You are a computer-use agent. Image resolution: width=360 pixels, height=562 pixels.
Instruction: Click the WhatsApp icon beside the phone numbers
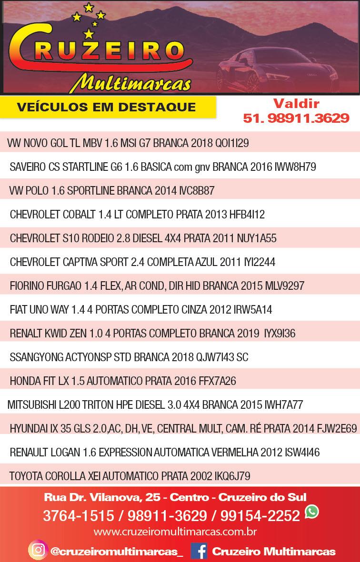point(312,512)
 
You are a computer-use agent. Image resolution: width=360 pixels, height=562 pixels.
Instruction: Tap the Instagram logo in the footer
point(37,551)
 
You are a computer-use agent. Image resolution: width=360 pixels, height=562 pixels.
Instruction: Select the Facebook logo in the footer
point(199,551)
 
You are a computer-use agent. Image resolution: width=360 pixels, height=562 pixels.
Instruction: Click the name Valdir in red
point(296,103)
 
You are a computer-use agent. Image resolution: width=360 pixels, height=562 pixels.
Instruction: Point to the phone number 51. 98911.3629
point(296,118)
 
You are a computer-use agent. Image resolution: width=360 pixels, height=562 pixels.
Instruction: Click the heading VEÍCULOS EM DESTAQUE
point(106,107)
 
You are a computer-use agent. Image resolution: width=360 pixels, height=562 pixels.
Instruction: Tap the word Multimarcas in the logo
point(130,82)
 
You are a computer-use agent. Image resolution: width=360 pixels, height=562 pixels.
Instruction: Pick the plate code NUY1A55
point(258,238)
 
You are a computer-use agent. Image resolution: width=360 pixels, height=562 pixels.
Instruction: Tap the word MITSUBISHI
point(31,405)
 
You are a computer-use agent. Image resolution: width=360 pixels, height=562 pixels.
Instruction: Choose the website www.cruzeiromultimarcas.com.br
point(175,531)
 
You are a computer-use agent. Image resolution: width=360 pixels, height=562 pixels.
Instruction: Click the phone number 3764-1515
point(79,515)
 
